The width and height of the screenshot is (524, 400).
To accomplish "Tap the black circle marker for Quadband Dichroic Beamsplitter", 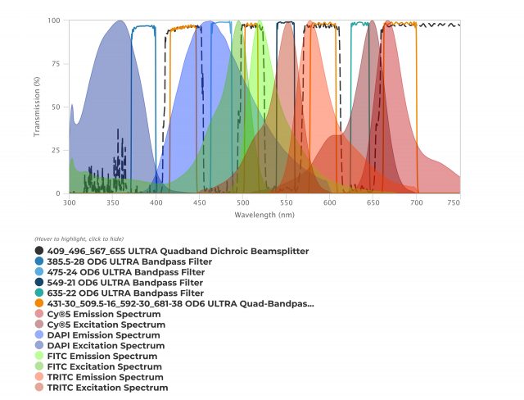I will click(x=39, y=251).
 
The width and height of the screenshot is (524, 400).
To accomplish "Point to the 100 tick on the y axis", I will click(x=56, y=20).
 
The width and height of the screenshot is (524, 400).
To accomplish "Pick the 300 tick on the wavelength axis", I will click(x=70, y=202).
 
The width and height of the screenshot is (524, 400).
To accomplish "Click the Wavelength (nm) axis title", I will click(x=264, y=215).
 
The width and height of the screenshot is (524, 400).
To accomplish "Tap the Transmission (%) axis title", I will click(x=38, y=107).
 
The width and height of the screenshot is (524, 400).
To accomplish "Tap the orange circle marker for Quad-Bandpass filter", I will click(x=39, y=303).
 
